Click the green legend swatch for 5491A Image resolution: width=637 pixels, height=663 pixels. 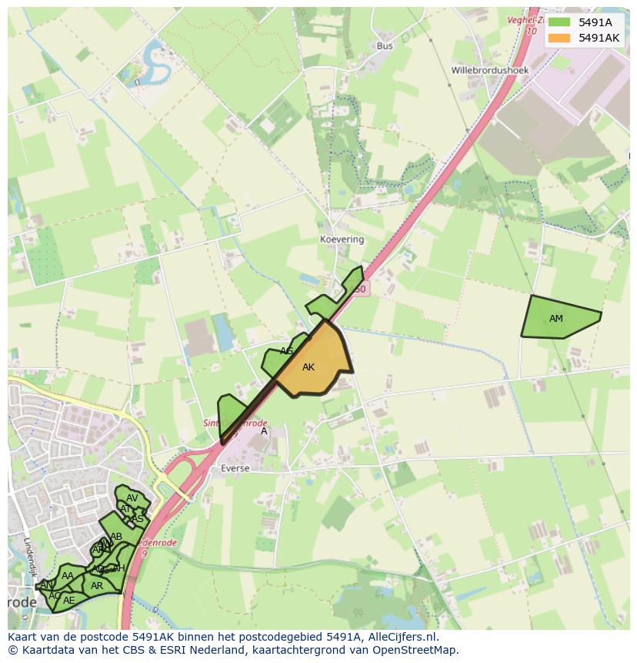[560, 22]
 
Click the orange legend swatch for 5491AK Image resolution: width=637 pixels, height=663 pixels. [560, 37]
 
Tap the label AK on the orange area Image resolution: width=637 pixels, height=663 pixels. [308, 367]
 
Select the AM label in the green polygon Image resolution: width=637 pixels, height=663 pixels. [555, 319]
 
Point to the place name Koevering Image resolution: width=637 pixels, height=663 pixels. [342, 239]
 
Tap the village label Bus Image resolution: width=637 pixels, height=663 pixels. [385, 46]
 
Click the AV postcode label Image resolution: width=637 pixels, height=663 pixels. [132, 498]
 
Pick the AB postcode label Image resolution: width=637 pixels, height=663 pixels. [116, 537]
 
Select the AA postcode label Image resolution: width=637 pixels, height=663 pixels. [68, 575]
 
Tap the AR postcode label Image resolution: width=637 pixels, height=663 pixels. [97, 586]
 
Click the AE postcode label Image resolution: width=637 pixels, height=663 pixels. [69, 600]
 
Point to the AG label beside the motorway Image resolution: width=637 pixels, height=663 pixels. [286, 351]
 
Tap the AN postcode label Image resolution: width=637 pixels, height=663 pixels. [47, 585]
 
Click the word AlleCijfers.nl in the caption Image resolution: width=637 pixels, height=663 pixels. [399, 637]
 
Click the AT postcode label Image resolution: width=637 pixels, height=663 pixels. [125, 508]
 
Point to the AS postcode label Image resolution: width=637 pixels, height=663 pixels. [138, 518]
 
